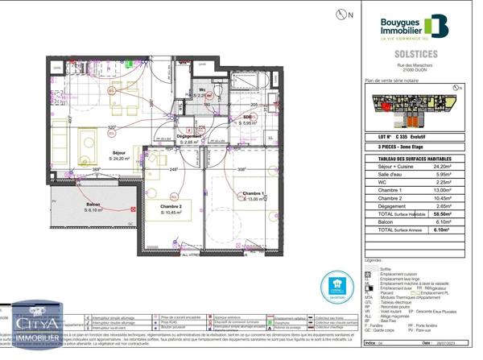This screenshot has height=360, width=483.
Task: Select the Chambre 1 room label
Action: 254,196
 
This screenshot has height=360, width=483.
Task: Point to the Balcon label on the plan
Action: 93,206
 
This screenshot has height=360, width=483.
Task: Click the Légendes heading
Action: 374,260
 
